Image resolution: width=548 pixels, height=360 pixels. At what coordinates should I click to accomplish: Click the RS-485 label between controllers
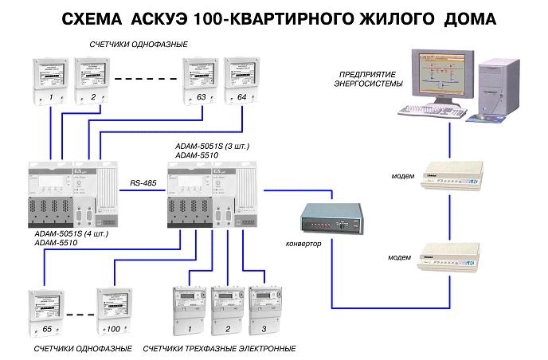point(143,185)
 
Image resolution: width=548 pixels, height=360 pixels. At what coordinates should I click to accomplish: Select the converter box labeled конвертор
point(331,217)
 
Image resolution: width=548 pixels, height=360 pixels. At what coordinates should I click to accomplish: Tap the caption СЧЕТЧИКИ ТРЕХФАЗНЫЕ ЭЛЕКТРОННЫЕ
point(219,349)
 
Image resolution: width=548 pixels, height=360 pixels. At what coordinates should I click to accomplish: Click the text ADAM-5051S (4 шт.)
point(73,234)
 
